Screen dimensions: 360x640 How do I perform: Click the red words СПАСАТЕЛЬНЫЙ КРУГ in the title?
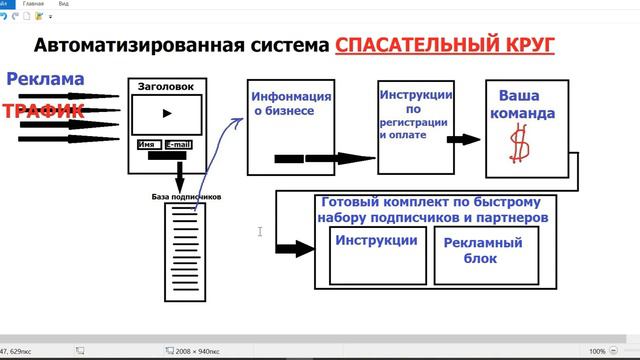pos(445,45)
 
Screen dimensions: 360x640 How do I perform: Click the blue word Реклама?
pos(44,79)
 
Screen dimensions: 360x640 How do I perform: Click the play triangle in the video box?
pos(167,113)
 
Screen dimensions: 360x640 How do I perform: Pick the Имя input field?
pos(148,145)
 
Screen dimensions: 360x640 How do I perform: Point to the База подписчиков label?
pos(186,196)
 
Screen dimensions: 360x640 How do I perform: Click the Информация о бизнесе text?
pos(290,104)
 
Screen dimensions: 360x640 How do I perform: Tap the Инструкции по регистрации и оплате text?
pos(416,115)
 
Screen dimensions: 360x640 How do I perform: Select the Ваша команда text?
pos(525,104)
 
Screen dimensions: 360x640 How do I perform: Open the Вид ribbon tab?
pos(91,4)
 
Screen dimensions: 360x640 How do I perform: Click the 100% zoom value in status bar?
pos(597,351)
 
